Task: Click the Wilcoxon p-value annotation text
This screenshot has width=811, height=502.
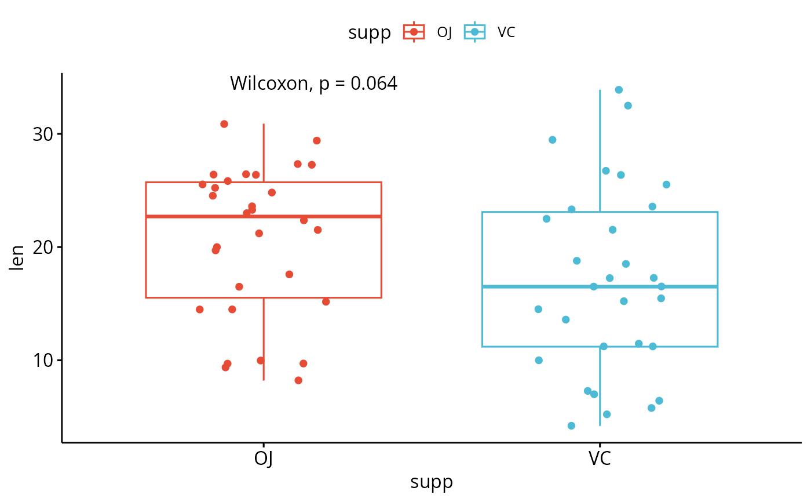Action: coord(313,84)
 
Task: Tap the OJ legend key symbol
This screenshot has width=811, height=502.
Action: coord(414,32)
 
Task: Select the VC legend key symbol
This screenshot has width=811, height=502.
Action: coord(474,32)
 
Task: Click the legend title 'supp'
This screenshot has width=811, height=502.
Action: coord(370,33)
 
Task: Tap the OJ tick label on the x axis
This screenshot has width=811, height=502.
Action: coord(264,459)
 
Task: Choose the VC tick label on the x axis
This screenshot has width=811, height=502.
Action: coord(600,459)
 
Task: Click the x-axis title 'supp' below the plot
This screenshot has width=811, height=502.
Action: coord(432,482)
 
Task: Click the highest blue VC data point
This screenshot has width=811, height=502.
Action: coord(619,90)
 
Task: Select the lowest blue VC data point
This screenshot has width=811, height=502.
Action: coord(571,425)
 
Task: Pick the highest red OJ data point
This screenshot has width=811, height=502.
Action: coord(224,124)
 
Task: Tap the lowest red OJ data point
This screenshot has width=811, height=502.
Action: coord(298,380)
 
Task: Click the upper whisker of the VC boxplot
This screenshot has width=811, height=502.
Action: coord(600,151)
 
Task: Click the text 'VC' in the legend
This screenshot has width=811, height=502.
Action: coord(506,32)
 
